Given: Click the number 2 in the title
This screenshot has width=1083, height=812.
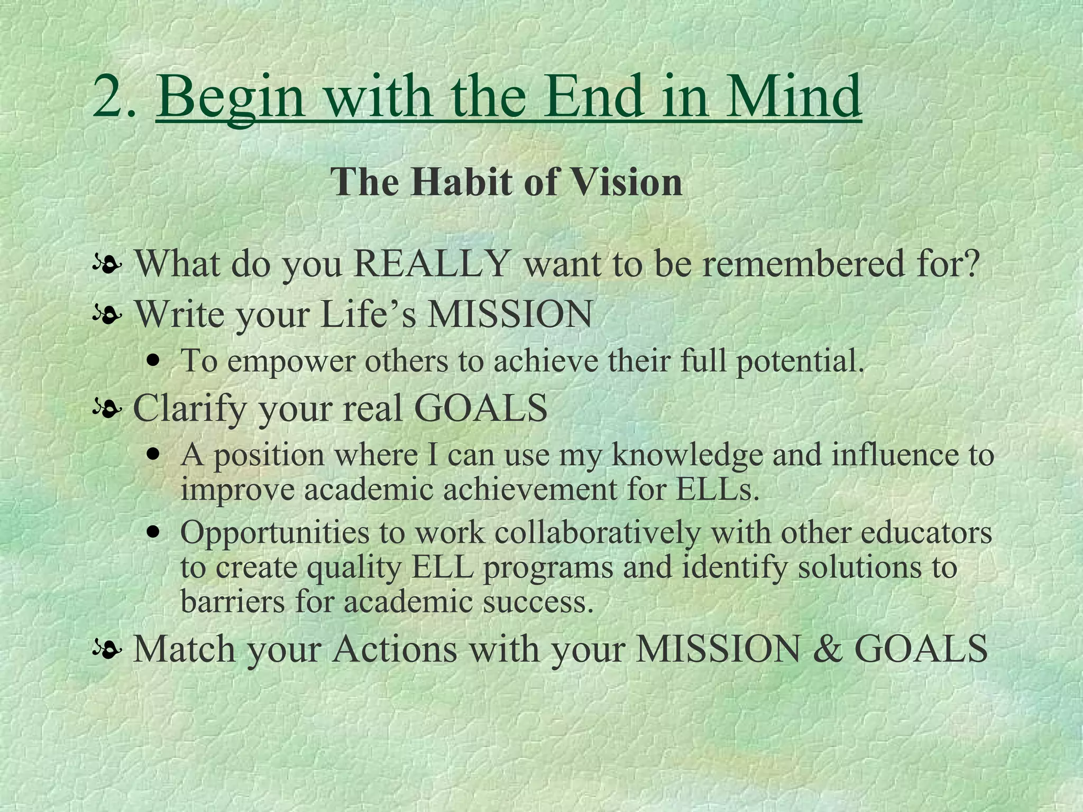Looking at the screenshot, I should (x=109, y=96).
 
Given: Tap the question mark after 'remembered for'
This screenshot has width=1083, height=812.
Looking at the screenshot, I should (x=970, y=263).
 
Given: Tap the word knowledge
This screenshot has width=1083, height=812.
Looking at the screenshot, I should (x=687, y=455).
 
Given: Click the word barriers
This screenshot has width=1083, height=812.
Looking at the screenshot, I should (x=233, y=601).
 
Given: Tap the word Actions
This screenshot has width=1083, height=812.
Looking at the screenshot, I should (x=394, y=649).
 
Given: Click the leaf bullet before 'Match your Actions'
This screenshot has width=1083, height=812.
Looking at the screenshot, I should (x=107, y=649).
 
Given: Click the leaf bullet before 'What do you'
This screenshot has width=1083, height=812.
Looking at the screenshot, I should (x=107, y=263).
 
